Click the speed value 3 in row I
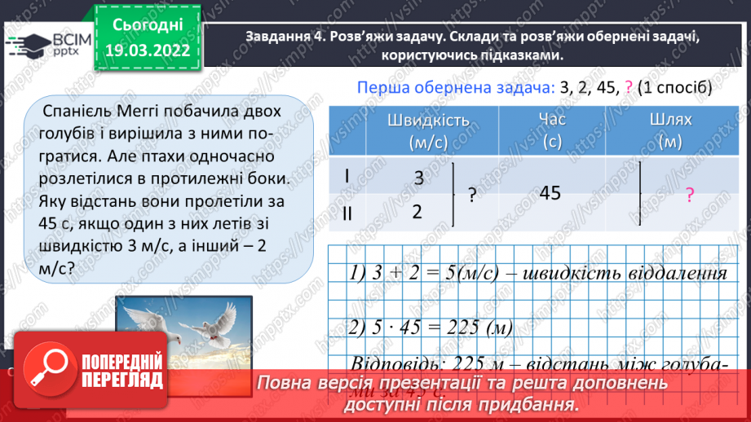click(x=418, y=178)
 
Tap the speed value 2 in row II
click(x=417, y=211)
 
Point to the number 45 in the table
click(x=550, y=193)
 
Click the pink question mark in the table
click(x=689, y=195)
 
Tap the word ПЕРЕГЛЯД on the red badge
click(x=122, y=380)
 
